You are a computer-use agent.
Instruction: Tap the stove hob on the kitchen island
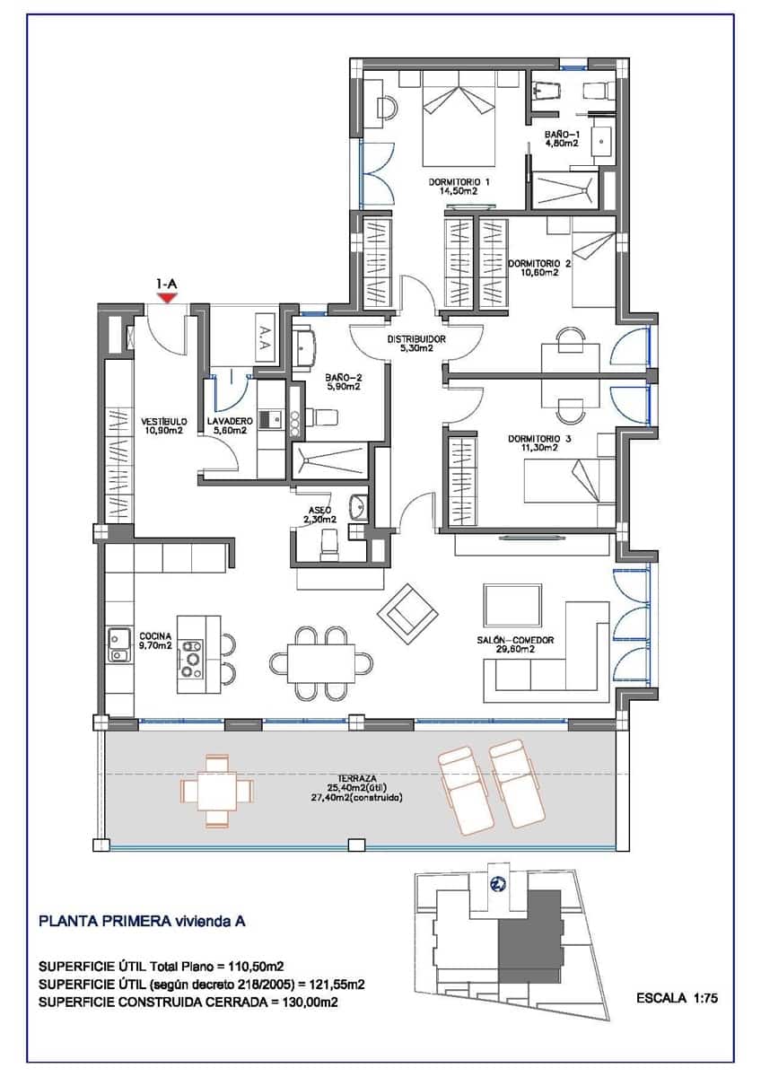pos(191,658)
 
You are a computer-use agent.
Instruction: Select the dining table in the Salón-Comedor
pos(321,663)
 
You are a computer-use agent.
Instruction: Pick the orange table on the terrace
pos(217,791)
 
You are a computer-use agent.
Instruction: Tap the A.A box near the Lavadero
pos(266,337)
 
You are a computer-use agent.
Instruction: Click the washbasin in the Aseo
pos(359,505)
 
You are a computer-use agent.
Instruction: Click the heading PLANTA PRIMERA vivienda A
pos(142,921)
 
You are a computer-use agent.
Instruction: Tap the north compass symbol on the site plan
pos(496,883)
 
